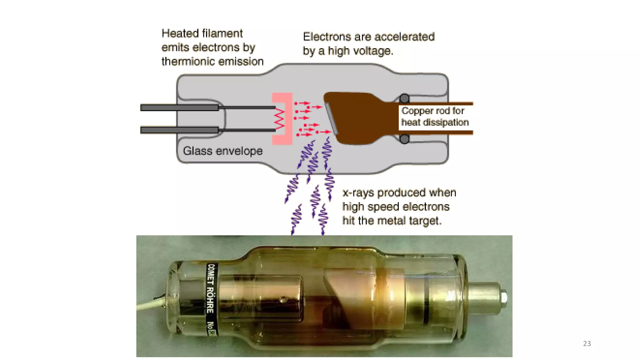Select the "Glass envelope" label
click(x=222, y=151)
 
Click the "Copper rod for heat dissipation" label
click(x=434, y=117)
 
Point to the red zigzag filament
click(x=279, y=119)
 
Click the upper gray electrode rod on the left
click(x=179, y=108)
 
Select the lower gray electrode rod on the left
click(x=179, y=130)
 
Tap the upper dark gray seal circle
click(x=404, y=99)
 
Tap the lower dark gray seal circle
click(x=404, y=139)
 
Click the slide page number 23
click(x=587, y=343)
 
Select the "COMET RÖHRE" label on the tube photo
click(x=211, y=288)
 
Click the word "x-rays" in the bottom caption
click(x=358, y=193)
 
